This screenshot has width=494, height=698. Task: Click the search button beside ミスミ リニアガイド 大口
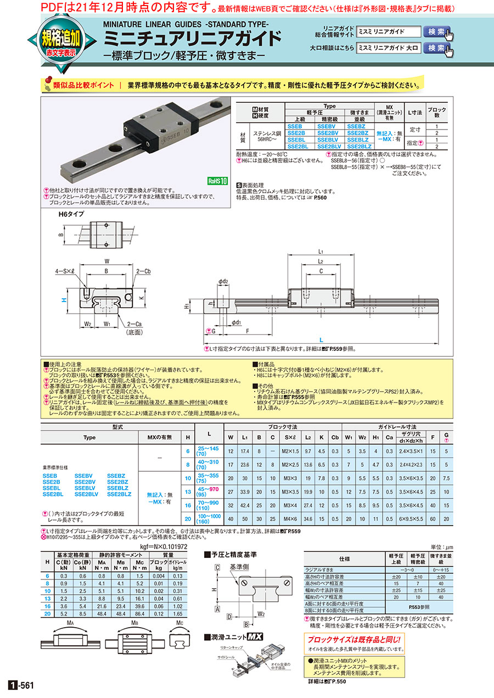436,48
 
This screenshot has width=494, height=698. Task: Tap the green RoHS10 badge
216,180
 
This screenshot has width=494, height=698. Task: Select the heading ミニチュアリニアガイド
193,40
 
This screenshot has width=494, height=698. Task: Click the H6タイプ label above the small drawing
71,214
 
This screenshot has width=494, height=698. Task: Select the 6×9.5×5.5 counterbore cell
411,518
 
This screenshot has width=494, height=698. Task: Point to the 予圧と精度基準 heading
233,554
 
